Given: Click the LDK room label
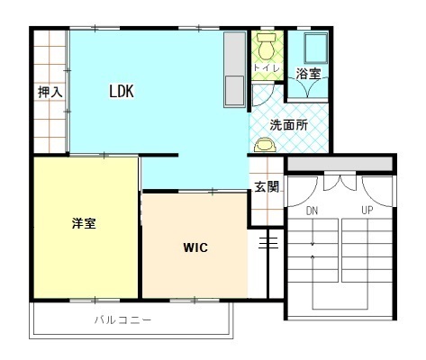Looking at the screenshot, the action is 122,91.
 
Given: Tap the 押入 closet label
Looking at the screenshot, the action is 50,92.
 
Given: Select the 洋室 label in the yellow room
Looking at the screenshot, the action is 84,223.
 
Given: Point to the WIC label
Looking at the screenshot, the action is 195,247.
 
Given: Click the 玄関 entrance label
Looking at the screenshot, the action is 267,187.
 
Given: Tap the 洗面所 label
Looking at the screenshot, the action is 289,125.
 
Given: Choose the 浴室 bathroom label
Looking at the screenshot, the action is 309,74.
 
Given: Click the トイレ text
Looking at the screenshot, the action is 267,67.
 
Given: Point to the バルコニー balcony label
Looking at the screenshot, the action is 123,320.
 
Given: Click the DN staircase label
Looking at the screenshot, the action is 312,211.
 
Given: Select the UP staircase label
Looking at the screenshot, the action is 367,211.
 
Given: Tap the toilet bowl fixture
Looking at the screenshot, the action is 267,46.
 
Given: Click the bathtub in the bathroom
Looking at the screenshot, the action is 315,48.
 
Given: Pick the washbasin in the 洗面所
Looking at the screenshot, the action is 265,145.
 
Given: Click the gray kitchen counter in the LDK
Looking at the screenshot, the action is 235,69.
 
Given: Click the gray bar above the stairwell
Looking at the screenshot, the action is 340,164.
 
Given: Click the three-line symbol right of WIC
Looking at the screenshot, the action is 268,243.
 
